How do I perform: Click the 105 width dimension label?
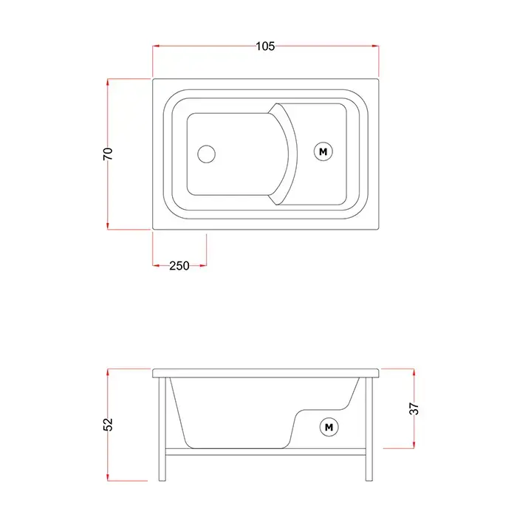[x=265, y=46]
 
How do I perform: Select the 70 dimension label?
[x=108, y=154]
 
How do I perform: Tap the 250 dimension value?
[x=179, y=265]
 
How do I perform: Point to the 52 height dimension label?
[x=108, y=425]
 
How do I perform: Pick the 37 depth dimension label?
[x=414, y=409]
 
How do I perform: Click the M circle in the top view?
[x=323, y=151]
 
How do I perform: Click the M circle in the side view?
[x=329, y=428]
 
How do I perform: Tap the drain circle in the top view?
[x=206, y=154]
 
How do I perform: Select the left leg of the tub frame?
[x=162, y=429]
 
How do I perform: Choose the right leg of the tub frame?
[x=369, y=429]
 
